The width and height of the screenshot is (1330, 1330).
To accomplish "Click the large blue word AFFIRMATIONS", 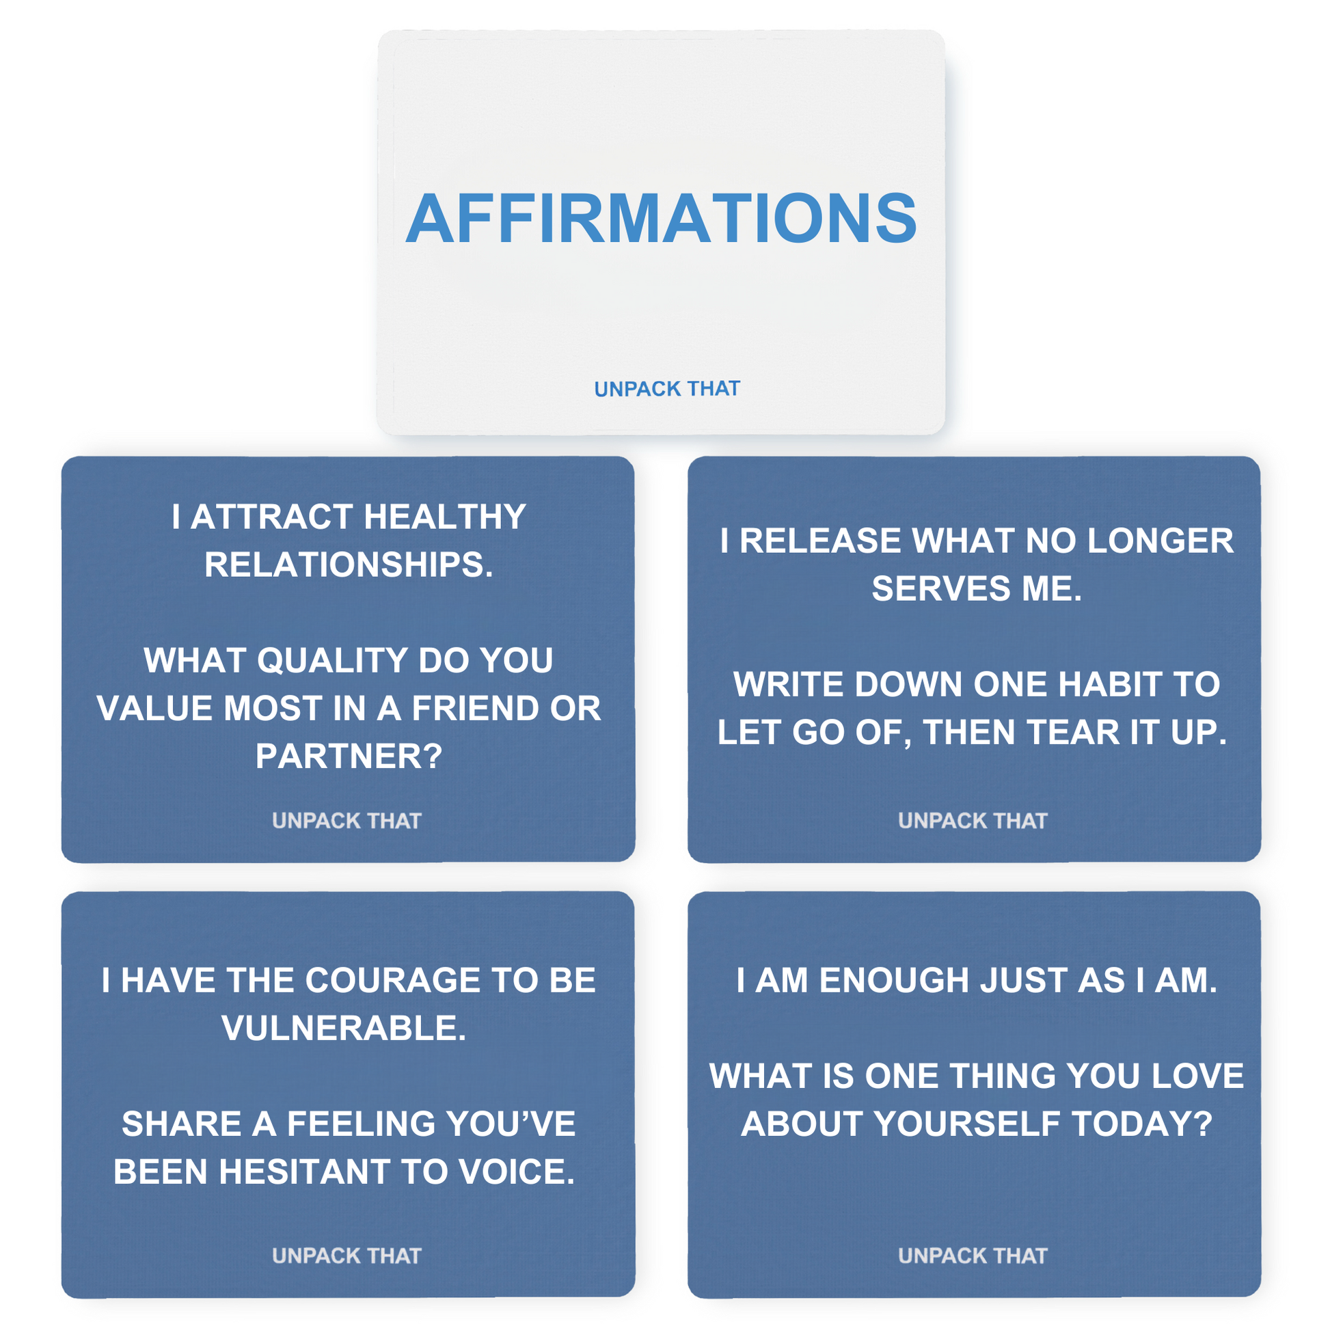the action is coord(661,218).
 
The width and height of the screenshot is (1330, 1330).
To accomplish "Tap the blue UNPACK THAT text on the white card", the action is coord(667,389).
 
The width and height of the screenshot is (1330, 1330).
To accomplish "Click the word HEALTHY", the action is coord(445,516).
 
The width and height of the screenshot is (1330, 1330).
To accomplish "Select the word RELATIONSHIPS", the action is coord(349,565).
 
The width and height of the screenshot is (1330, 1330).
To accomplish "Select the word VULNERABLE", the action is coord(344,1029).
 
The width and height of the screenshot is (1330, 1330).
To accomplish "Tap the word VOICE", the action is coord(516,1171).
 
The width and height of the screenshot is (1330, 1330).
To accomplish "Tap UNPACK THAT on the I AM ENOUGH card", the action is coord(973,1256).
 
